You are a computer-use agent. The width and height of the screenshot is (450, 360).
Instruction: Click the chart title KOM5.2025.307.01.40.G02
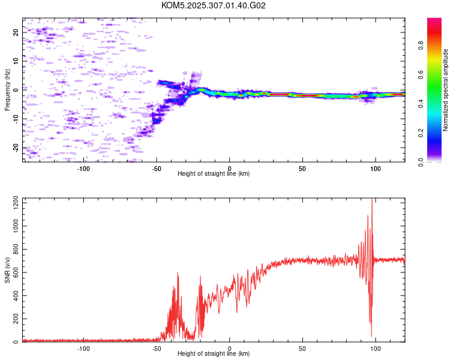tap(214, 5)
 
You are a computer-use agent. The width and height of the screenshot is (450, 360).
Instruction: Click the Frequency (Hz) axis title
tap(7, 89)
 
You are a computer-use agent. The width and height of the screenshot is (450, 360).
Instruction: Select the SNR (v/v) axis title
tap(7, 269)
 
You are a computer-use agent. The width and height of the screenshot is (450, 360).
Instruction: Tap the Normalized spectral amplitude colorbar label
tap(446, 90)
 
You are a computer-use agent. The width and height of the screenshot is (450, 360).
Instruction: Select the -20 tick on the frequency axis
tap(16, 147)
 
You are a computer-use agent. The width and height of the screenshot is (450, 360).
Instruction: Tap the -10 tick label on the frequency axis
tap(16, 118)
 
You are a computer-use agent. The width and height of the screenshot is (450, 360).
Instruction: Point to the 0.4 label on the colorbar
tap(421, 103)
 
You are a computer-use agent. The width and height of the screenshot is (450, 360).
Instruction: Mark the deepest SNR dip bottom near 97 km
tap(371, 336)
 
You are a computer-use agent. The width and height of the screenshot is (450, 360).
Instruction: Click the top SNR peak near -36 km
tap(178, 273)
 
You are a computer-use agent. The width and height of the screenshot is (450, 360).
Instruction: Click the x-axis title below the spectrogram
tap(214, 174)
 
